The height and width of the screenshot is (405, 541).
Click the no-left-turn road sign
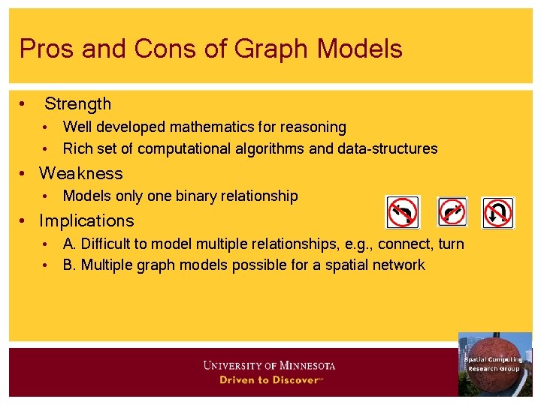[x=403, y=212]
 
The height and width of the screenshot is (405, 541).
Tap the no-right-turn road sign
[x=452, y=212]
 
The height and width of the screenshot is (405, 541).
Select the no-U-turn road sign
[x=497, y=212]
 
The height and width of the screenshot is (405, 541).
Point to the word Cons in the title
[x=156, y=49]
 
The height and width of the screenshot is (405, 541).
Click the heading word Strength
[x=77, y=104]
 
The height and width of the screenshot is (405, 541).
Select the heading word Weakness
[x=81, y=173]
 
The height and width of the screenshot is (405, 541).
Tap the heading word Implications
[x=86, y=220]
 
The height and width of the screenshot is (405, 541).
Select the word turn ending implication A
[x=450, y=244]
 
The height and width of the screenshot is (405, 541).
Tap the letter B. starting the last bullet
[x=70, y=265]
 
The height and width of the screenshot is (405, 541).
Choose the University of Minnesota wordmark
[x=269, y=366]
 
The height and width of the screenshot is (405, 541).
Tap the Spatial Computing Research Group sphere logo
[x=494, y=364]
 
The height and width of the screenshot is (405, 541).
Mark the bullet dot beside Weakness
[x=24, y=174]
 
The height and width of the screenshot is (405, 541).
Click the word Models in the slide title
[x=360, y=49]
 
